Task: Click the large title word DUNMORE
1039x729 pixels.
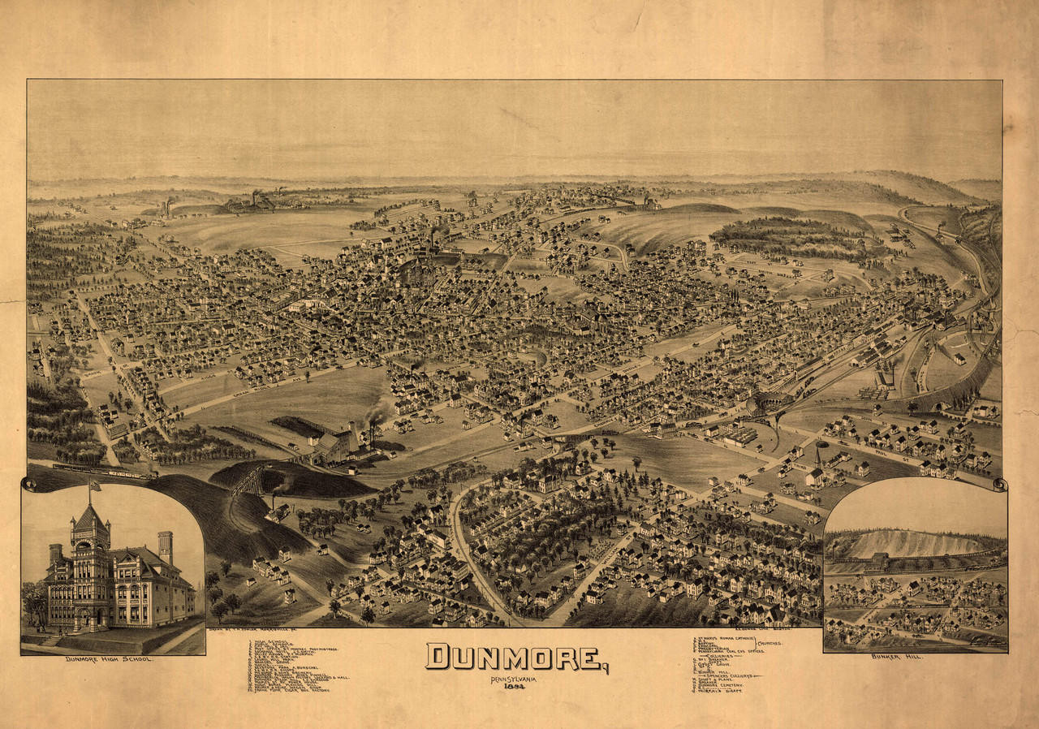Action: tap(515, 657)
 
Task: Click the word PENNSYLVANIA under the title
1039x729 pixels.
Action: tap(513, 678)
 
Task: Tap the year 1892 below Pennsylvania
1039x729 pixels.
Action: tap(514, 687)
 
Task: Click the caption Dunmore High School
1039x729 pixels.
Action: tap(110, 659)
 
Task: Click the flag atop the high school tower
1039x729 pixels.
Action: tap(94, 486)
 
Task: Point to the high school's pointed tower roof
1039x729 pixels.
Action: tap(90, 515)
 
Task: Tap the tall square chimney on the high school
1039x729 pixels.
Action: tap(166, 546)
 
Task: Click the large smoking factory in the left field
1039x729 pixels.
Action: tap(337, 443)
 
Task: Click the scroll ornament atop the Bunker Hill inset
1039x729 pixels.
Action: tap(999, 485)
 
